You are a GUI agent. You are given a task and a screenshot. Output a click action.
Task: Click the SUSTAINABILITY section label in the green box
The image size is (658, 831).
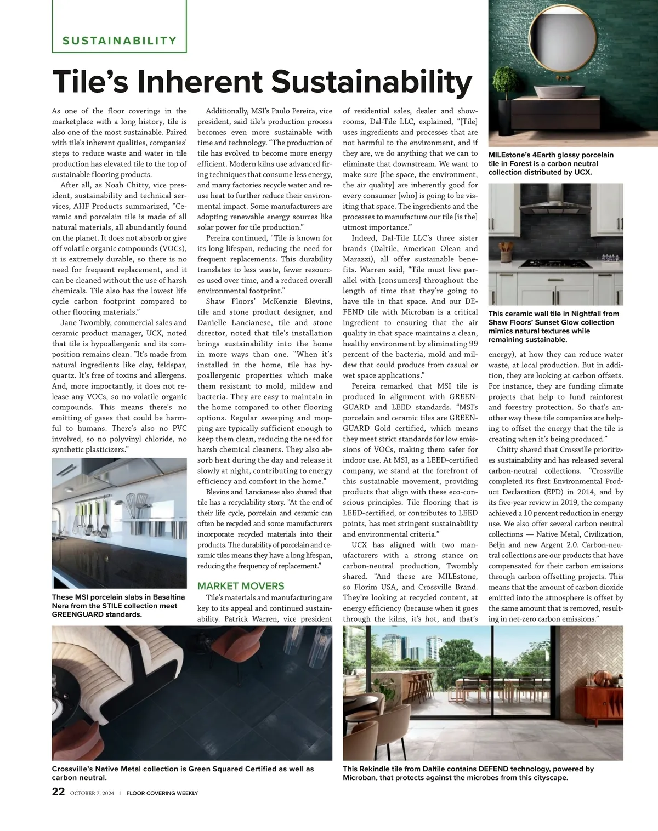click(x=120, y=41)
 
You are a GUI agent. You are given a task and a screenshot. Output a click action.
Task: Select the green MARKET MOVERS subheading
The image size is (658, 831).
click(x=241, y=586)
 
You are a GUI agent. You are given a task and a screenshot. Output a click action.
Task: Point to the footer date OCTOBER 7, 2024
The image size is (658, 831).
click(x=92, y=793)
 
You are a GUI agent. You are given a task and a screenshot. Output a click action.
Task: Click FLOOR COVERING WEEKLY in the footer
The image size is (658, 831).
click(x=162, y=793)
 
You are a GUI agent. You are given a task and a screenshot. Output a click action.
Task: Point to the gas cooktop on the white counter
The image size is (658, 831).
click(x=554, y=263)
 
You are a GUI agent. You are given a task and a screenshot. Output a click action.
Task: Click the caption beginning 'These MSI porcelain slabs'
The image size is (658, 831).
click(x=118, y=605)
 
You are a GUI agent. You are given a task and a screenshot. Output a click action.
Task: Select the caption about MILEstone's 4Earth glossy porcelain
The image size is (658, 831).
click(x=551, y=163)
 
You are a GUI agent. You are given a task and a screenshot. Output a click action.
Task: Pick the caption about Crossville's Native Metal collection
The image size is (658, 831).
click(x=183, y=773)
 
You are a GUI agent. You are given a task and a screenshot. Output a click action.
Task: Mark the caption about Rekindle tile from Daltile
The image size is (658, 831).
click(x=468, y=773)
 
